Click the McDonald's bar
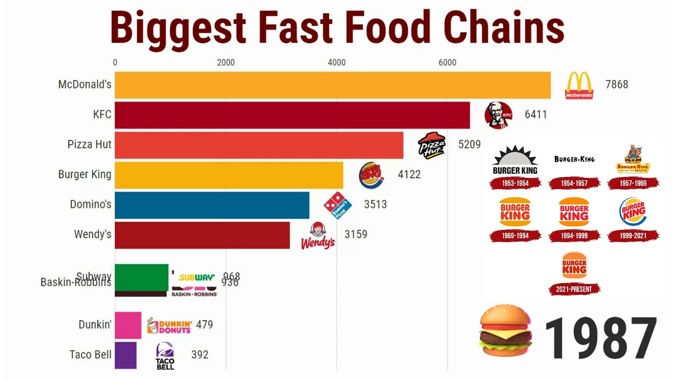332,85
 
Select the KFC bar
292,115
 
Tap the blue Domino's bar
212,205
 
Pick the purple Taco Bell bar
126,355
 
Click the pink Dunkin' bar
128,325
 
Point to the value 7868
616,85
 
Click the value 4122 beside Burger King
409,174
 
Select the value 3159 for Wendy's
356,234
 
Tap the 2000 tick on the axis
226,63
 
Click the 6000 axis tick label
447,63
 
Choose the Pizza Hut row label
90,144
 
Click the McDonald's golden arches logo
579,86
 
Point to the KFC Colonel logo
498,115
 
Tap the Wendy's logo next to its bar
318,236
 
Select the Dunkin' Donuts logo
169,326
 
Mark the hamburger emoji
505,332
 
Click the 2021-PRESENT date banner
574,289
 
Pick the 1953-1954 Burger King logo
515,161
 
